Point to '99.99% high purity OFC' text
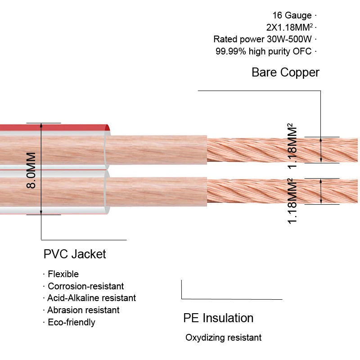(264, 51)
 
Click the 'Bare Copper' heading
(285, 72)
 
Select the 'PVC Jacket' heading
(75, 254)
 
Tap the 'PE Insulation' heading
(218, 318)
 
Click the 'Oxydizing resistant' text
(223, 338)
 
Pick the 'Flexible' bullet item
(63, 274)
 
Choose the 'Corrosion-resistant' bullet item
(85, 286)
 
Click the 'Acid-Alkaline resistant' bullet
(91, 298)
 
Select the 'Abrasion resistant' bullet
(83, 310)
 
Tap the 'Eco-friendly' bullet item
(72, 322)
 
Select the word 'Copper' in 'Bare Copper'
(300, 72)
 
